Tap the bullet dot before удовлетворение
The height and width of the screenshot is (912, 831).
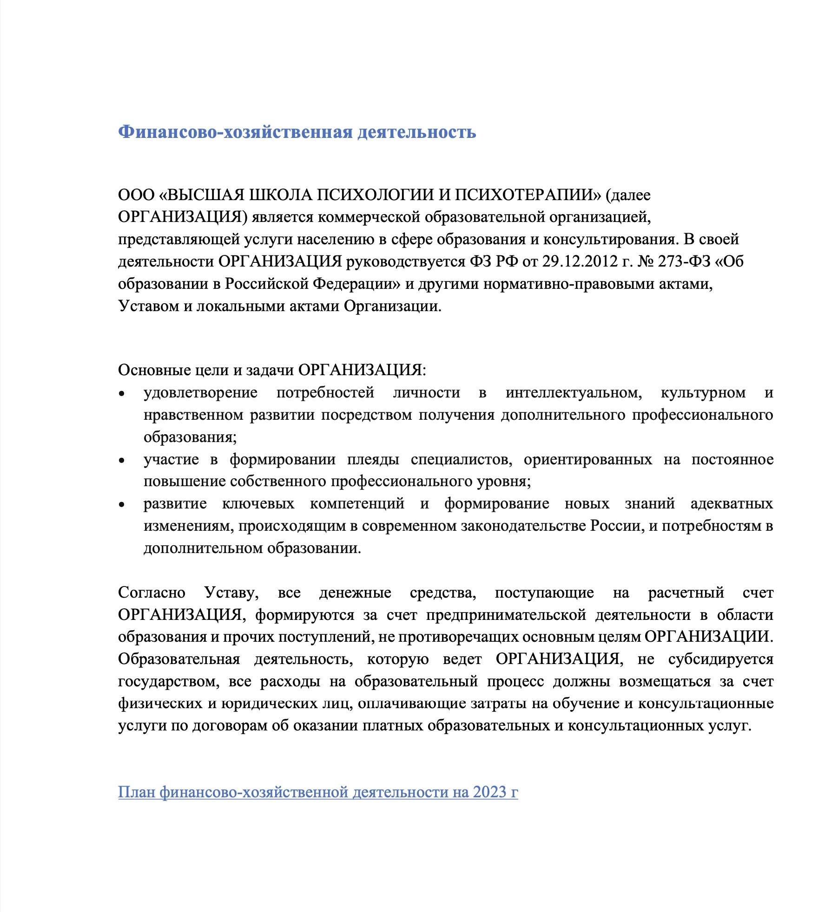pos(122,394)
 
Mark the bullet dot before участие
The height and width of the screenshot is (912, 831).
pos(122,461)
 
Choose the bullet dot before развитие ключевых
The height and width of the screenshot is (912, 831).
pos(122,505)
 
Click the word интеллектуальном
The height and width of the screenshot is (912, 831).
pos(574,393)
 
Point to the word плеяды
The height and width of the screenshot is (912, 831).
pos(373,460)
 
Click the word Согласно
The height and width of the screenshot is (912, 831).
pos(152,593)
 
